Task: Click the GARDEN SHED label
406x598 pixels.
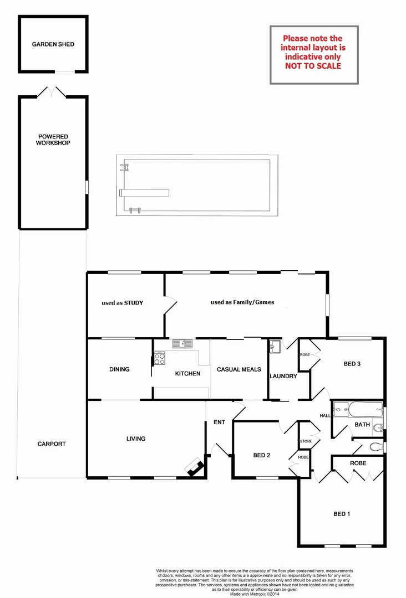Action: tap(53, 44)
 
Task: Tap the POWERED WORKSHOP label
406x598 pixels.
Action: tap(53, 140)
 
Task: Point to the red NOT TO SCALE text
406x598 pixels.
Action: tap(313, 66)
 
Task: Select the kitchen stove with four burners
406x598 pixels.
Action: tap(159, 359)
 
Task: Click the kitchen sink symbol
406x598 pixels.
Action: tap(182, 344)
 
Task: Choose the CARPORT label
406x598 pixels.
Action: tap(52, 444)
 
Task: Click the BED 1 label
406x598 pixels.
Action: tap(342, 514)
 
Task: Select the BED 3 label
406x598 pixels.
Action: tap(352, 364)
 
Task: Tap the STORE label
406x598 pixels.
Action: tap(306, 441)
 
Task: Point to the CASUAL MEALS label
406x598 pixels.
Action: tap(238, 369)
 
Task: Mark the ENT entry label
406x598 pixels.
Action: tap(219, 422)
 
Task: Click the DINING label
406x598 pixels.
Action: tap(119, 369)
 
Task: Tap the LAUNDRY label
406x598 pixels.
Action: tap(283, 376)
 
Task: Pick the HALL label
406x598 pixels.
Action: tap(325, 416)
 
